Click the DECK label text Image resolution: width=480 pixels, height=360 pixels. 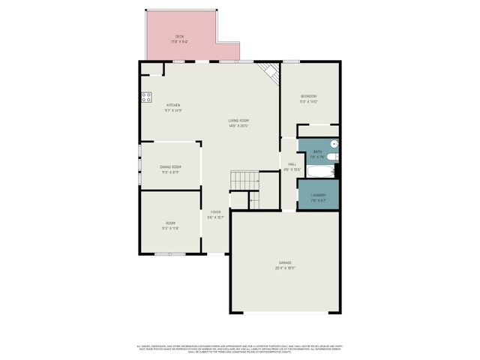(x=180, y=36)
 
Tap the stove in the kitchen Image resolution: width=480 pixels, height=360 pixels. (x=145, y=97)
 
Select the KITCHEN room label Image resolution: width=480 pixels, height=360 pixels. (x=173, y=105)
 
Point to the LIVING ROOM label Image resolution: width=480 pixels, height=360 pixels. (x=239, y=120)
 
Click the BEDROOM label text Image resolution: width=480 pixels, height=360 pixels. (x=308, y=96)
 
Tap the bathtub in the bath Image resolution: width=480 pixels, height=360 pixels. (x=318, y=172)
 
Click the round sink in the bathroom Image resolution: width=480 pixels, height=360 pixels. (x=334, y=144)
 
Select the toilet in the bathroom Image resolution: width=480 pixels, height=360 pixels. (x=334, y=157)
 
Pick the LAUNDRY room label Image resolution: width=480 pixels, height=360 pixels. (x=319, y=195)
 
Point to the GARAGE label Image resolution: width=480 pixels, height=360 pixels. (x=285, y=262)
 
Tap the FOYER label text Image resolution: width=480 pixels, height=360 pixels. (x=215, y=212)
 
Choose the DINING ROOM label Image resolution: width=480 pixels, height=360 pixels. (x=170, y=166)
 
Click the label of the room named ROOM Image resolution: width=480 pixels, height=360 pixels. (x=170, y=223)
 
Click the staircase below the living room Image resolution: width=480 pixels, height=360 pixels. (x=243, y=181)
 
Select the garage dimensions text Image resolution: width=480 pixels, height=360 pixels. (x=285, y=268)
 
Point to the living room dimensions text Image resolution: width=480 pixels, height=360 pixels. (x=239, y=125)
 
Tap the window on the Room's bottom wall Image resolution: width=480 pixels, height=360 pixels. (x=165, y=254)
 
